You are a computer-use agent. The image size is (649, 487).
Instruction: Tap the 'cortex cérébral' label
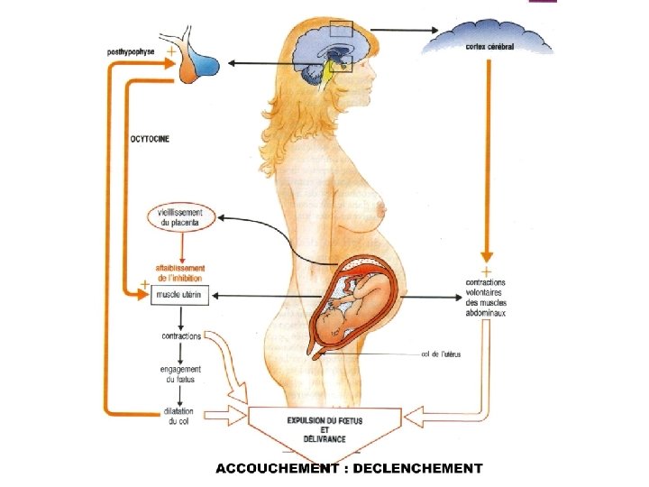coord(489,47)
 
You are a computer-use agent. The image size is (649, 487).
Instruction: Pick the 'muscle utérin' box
coord(179,295)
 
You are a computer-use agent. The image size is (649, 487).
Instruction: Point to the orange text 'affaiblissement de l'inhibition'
coord(180,273)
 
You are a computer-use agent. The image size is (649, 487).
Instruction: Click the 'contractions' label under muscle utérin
coord(181,337)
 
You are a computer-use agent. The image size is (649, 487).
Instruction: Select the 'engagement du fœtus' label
coord(181,374)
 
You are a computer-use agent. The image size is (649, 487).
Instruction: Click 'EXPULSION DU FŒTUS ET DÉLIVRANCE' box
coord(325,429)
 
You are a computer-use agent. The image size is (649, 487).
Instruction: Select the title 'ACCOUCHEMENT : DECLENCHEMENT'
coord(348,468)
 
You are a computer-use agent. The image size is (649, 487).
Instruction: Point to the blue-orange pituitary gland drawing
coord(200,63)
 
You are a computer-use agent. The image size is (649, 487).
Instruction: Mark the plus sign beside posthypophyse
coord(171,52)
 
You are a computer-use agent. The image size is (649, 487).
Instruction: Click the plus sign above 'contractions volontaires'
coord(487,271)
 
